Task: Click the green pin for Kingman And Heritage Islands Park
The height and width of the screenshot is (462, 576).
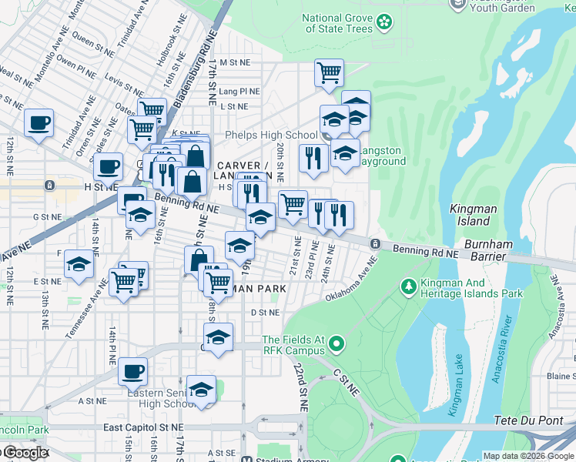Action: [409, 287]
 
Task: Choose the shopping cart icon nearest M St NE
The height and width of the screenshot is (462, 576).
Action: [329, 74]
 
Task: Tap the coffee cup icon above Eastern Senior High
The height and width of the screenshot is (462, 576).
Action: [132, 372]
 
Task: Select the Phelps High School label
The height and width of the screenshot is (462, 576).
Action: [271, 136]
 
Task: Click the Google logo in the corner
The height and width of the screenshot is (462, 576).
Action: [25, 453]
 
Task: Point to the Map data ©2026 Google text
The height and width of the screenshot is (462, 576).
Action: [528, 456]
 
